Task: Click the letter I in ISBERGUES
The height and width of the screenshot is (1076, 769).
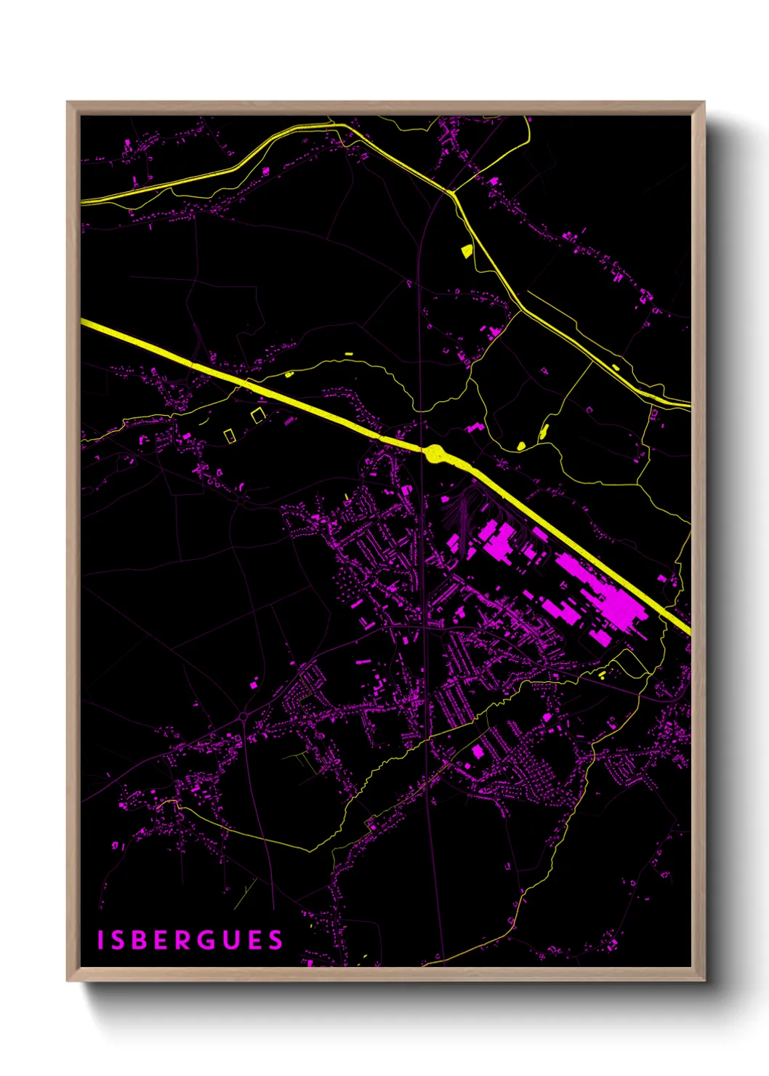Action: [101, 940]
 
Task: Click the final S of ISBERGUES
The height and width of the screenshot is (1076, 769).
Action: [275, 940]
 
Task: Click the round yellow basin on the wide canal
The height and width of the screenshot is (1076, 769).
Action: [435, 454]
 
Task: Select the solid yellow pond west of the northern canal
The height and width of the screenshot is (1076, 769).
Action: [466, 251]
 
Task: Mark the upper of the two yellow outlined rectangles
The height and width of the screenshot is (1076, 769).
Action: [257, 415]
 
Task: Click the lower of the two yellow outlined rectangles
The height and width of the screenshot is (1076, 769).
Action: [230, 435]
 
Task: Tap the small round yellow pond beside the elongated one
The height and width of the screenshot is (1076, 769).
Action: [520, 445]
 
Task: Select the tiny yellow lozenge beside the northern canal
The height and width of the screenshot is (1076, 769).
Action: [616, 367]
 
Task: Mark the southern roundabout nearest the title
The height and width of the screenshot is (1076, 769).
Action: [242, 718]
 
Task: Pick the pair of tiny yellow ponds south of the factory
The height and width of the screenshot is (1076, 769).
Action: [602, 674]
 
